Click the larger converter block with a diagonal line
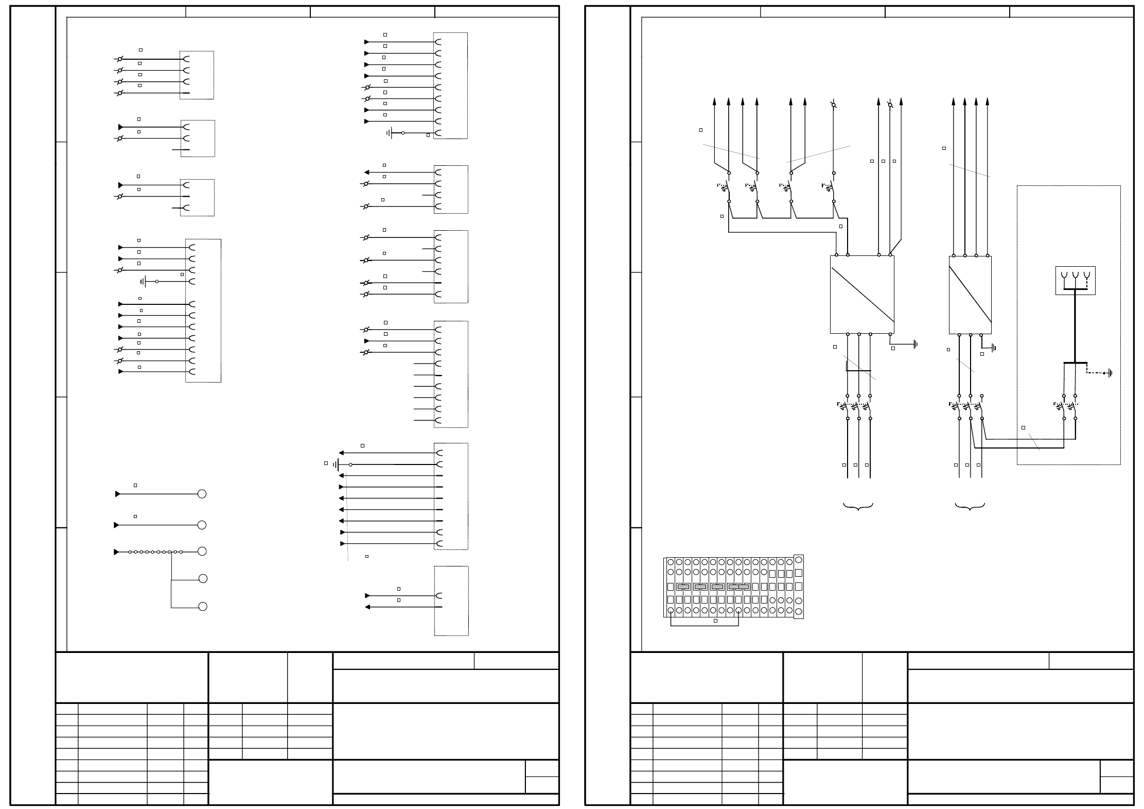(x=862, y=295)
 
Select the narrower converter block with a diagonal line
(x=970, y=295)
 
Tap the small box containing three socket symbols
(x=1075, y=280)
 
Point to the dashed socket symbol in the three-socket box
(x=1086, y=276)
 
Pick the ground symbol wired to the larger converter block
(x=916, y=345)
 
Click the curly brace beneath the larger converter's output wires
(x=858, y=507)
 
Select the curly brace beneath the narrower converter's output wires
(x=970, y=507)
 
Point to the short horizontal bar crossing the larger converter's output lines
(x=858, y=370)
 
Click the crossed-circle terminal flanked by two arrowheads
(x=890, y=105)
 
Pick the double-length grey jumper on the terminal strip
(x=738, y=587)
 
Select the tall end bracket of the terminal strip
(x=798, y=587)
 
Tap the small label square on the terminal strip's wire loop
(x=715, y=621)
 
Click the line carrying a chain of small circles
(x=154, y=552)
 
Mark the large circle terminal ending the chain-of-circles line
(x=202, y=552)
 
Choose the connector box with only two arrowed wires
(x=451, y=601)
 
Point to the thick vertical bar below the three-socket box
(x=1075, y=326)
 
